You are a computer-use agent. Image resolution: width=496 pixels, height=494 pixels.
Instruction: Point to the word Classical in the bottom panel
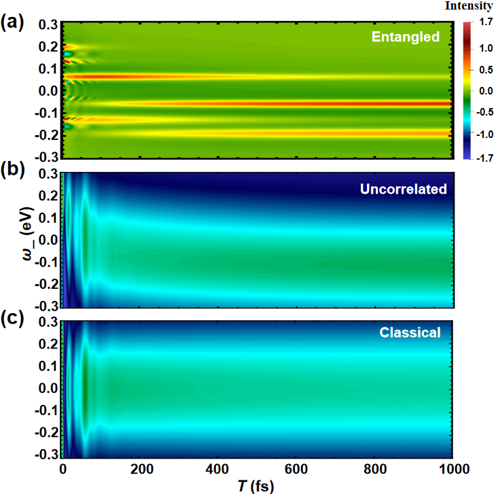pyautogui.click(x=410, y=333)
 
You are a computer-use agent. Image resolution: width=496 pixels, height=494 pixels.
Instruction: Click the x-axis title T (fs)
pyautogui.click(x=257, y=485)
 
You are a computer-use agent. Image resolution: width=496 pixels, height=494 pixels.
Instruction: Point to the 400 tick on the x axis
pyautogui.click(x=217, y=469)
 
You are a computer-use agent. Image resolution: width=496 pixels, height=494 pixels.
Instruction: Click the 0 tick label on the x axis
pyautogui.click(x=63, y=469)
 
